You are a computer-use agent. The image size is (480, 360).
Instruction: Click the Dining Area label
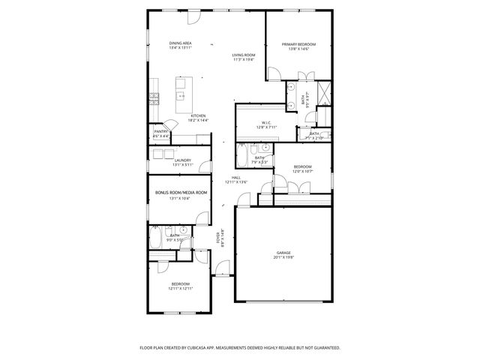(x=180, y=43)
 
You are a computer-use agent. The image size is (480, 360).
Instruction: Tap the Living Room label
(x=244, y=55)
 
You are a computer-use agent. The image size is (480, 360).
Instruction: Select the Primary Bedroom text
(x=298, y=45)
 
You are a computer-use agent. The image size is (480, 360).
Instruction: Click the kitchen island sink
(x=181, y=96)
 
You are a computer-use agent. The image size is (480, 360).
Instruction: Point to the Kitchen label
(x=177, y=115)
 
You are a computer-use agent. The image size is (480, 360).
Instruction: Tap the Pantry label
(x=160, y=131)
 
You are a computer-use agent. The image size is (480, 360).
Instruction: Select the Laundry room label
(x=182, y=160)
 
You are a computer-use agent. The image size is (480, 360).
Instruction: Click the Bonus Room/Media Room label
(x=180, y=193)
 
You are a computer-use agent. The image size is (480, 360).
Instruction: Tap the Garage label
(x=283, y=253)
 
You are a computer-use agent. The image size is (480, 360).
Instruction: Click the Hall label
(x=236, y=177)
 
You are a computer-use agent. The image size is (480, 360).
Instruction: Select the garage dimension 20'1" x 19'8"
(x=283, y=258)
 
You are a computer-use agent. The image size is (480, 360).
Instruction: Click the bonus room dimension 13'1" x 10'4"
(x=180, y=199)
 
